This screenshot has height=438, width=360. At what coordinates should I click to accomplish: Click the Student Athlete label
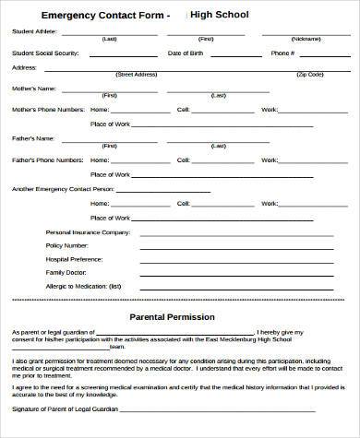coord(34,31)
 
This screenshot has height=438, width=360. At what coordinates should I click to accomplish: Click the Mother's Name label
coord(33,89)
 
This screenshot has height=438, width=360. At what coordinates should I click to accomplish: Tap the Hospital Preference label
coord(76,260)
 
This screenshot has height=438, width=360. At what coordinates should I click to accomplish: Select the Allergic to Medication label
coord(83,287)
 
